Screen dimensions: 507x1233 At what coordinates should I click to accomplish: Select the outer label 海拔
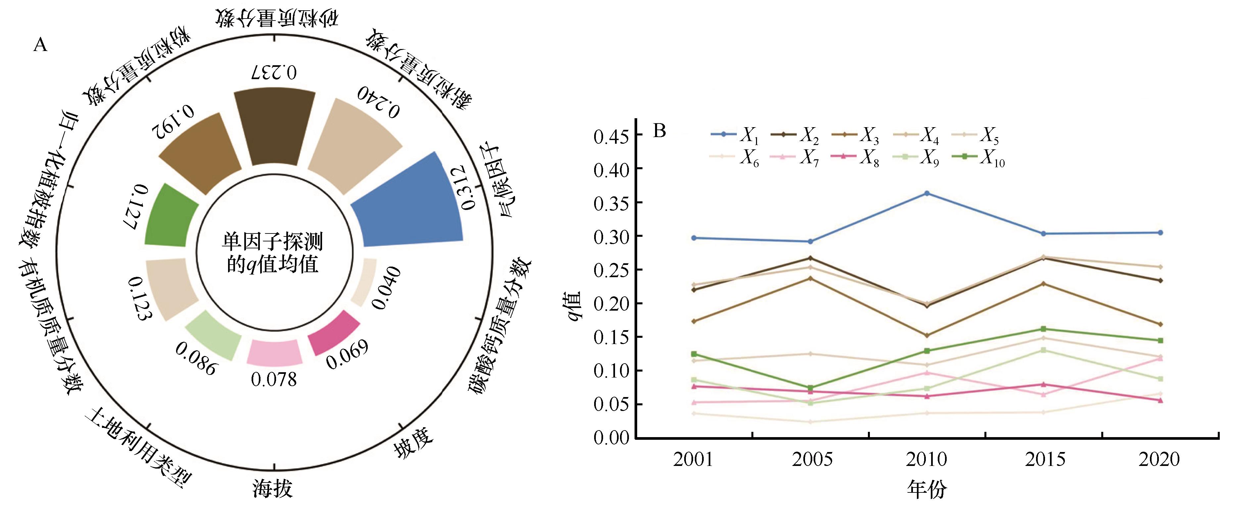pos(273,488)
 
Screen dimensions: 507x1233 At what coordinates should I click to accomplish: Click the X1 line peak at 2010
pos(927,193)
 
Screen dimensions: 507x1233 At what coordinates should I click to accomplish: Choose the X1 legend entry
pos(735,135)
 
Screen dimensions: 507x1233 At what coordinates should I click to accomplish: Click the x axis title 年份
pos(927,489)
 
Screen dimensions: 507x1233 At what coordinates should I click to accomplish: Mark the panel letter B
pos(660,131)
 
